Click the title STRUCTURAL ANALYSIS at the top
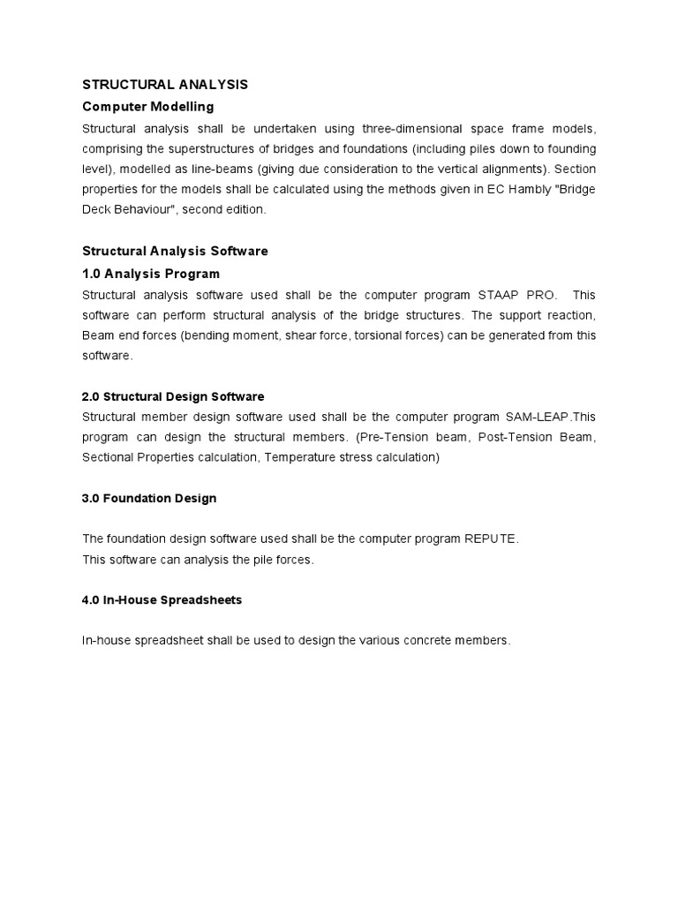pyautogui.click(x=165, y=85)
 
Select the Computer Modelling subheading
pyautogui.click(x=147, y=107)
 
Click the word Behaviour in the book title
pyautogui.click(x=154, y=209)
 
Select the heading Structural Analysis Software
pyautogui.click(x=175, y=252)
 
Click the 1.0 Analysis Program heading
pyautogui.click(x=151, y=274)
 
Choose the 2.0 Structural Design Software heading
pyautogui.click(x=173, y=396)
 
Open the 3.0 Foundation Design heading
pyautogui.click(x=149, y=499)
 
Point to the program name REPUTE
pyautogui.click(x=491, y=539)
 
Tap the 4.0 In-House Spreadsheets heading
pyautogui.click(x=162, y=600)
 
